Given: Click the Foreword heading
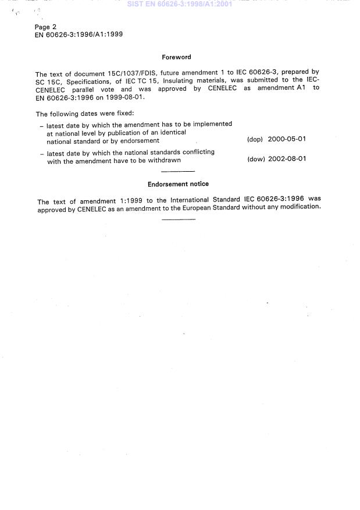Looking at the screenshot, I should coord(176,57).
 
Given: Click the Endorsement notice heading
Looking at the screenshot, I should coord(178,184).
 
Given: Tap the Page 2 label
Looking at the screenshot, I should coord(46,27).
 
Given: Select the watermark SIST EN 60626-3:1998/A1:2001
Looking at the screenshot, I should coord(180,4).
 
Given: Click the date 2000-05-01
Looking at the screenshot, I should coord(287,140).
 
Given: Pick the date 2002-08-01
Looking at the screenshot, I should coord(287,159).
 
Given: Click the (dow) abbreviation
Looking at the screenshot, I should coord(256,159).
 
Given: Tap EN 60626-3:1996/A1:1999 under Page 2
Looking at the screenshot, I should coord(79,34).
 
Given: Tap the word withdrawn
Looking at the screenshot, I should coord(163,161).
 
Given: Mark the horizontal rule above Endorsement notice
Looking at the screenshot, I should coord(178,171).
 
